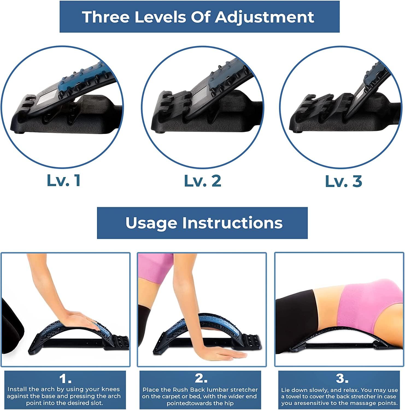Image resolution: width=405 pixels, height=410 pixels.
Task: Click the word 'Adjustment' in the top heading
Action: click(x=264, y=17)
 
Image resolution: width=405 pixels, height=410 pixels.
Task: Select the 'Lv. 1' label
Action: click(x=64, y=181)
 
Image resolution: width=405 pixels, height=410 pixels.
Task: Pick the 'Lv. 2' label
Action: click(x=203, y=181)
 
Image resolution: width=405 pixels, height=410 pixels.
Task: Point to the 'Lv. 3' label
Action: click(x=344, y=181)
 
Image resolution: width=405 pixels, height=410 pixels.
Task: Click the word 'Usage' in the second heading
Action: click(x=151, y=223)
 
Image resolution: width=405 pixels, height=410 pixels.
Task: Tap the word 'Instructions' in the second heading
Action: click(x=232, y=223)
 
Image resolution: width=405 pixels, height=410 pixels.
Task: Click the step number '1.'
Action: click(x=65, y=379)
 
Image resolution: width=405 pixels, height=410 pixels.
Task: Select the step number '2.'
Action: click(x=201, y=379)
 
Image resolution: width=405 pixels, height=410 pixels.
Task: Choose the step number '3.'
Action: click(x=342, y=379)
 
